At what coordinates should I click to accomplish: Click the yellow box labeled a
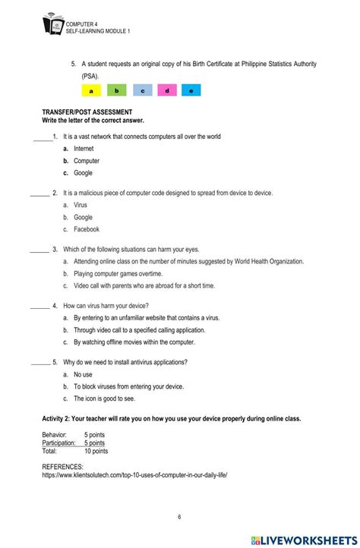point(91,90)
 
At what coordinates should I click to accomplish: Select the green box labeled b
point(116,90)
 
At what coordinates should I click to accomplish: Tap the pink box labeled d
point(166,90)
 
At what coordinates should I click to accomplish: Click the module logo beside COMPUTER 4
point(53,25)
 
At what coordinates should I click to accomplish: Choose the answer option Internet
point(84,149)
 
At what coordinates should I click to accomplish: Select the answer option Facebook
point(86,229)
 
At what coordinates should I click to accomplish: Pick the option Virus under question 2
point(81,205)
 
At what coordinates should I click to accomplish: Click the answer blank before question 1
point(43,137)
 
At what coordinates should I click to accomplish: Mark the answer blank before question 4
point(39,306)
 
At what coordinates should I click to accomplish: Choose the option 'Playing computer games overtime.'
point(118,273)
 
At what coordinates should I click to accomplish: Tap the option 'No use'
point(83,374)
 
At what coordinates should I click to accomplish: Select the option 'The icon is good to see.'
point(104,398)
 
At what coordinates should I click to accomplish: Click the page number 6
point(179,517)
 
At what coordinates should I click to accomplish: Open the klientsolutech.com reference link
point(134,475)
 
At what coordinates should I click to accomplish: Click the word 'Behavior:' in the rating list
point(55,434)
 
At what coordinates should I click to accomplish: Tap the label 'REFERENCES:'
point(62,467)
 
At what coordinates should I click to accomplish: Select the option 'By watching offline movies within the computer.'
point(134,342)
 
